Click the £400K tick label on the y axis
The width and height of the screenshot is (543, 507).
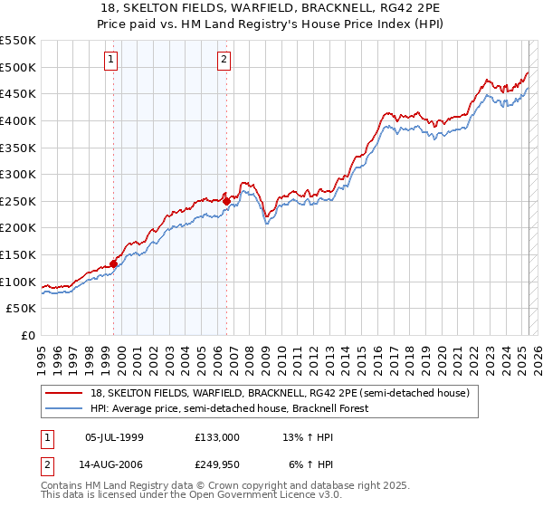click(x=18, y=120)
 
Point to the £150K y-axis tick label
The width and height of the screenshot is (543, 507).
click(x=18, y=254)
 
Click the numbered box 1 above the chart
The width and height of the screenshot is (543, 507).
click(x=110, y=61)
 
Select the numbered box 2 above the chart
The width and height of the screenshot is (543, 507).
click(x=223, y=61)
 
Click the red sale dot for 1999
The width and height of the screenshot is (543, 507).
click(x=114, y=263)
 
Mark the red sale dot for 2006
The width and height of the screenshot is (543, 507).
click(x=226, y=201)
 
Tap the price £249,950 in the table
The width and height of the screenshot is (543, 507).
click(x=217, y=466)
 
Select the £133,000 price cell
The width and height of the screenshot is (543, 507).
click(x=217, y=437)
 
